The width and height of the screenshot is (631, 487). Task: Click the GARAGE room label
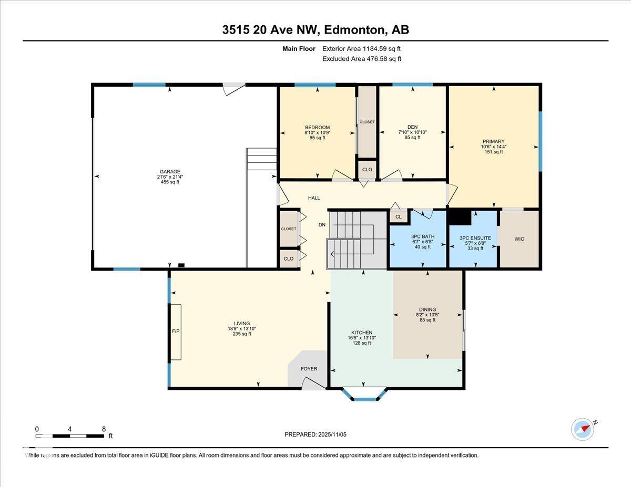170,172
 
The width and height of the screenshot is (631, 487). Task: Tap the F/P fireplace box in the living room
176,332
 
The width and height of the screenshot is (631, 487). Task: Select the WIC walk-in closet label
519,239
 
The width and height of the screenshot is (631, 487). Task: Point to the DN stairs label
322,224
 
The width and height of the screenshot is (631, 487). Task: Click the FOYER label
309,369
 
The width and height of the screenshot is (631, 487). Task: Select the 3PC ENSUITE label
475,238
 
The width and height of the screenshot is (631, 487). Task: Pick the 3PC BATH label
423,236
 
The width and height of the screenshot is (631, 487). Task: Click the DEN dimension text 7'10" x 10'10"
412,132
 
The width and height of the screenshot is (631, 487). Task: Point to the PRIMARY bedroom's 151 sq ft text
494,152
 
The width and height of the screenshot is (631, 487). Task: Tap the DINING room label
428,309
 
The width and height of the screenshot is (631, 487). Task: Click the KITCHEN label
362,333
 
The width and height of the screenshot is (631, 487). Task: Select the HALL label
314,198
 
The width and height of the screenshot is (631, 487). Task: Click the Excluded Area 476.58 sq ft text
362,59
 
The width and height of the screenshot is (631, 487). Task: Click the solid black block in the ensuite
460,217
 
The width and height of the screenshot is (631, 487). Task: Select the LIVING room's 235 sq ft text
242,334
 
